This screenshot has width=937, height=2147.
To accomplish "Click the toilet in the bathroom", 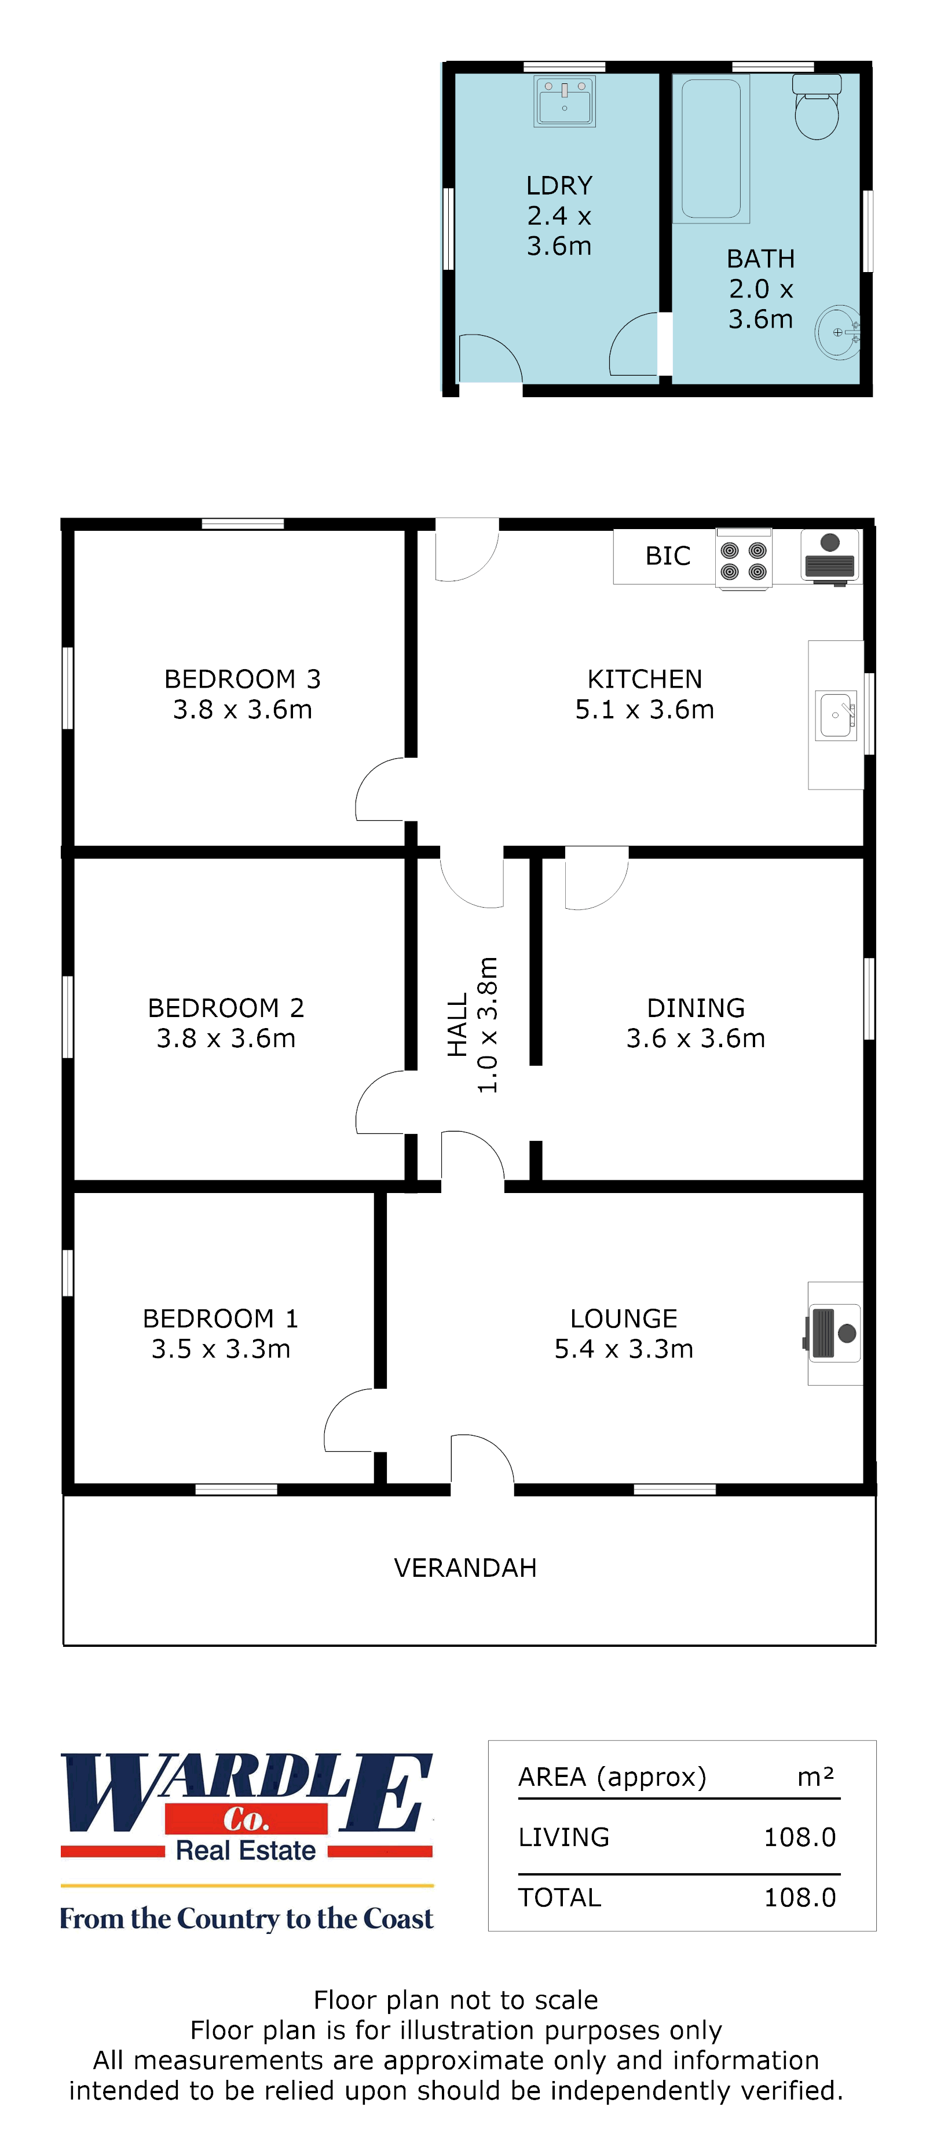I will pyautogui.click(x=816, y=108).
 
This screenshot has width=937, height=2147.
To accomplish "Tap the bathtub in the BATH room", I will pyautogui.click(x=711, y=148).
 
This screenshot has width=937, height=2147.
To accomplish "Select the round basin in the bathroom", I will pyautogui.click(x=837, y=332).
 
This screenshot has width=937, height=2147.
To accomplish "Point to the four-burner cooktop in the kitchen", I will pyautogui.click(x=744, y=560).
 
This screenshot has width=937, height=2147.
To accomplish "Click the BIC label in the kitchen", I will pyautogui.click(x=668, y=556).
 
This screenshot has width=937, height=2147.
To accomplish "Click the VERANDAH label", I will pyautogui.click(x=465, y=1568).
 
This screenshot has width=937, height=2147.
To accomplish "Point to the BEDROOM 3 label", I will pyautogui.click(x=241, y=678).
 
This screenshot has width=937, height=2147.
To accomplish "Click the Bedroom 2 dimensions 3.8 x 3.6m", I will pyautogui.click(x=226, y=1038).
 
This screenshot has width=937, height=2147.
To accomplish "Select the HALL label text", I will pyautogui.click(x=457, y=1025).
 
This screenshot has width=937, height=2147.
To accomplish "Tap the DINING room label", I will pyautogui.click(x=696, y=1008).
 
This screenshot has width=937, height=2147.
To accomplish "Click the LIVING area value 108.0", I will pyautogui.click(x=799, y=1837).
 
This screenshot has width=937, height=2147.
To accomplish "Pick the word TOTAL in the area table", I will pyautogui.click(x=559, y=1897).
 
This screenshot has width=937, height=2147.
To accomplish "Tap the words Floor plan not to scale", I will pyautogui.click(x=455, y=1999).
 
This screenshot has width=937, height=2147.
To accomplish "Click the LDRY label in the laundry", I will pyautogui.click(x=558, y=185).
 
